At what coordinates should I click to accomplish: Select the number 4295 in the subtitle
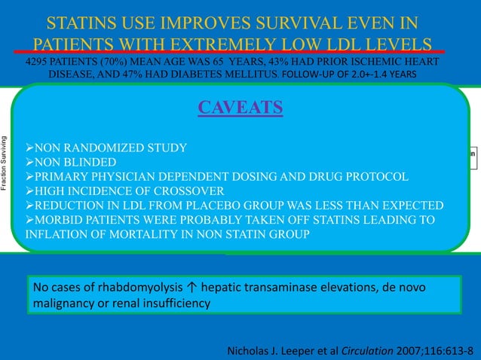coord(40,61)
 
